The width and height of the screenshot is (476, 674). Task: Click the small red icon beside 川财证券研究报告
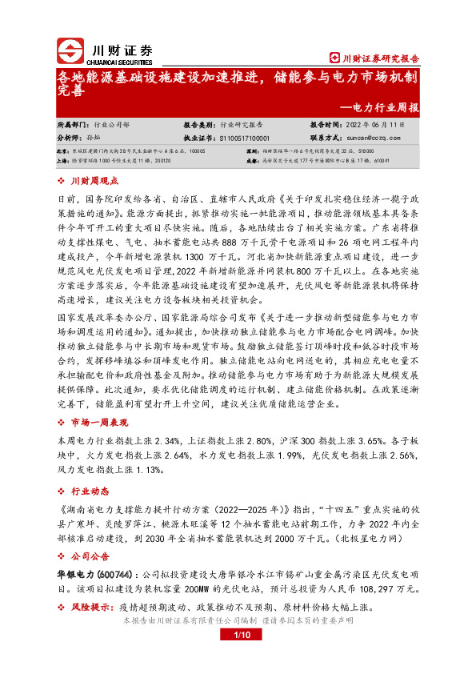tap(335, 58)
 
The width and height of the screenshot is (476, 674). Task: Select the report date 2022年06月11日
tap(377, 126)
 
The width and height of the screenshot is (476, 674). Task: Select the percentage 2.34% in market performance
tap(171, 440)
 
